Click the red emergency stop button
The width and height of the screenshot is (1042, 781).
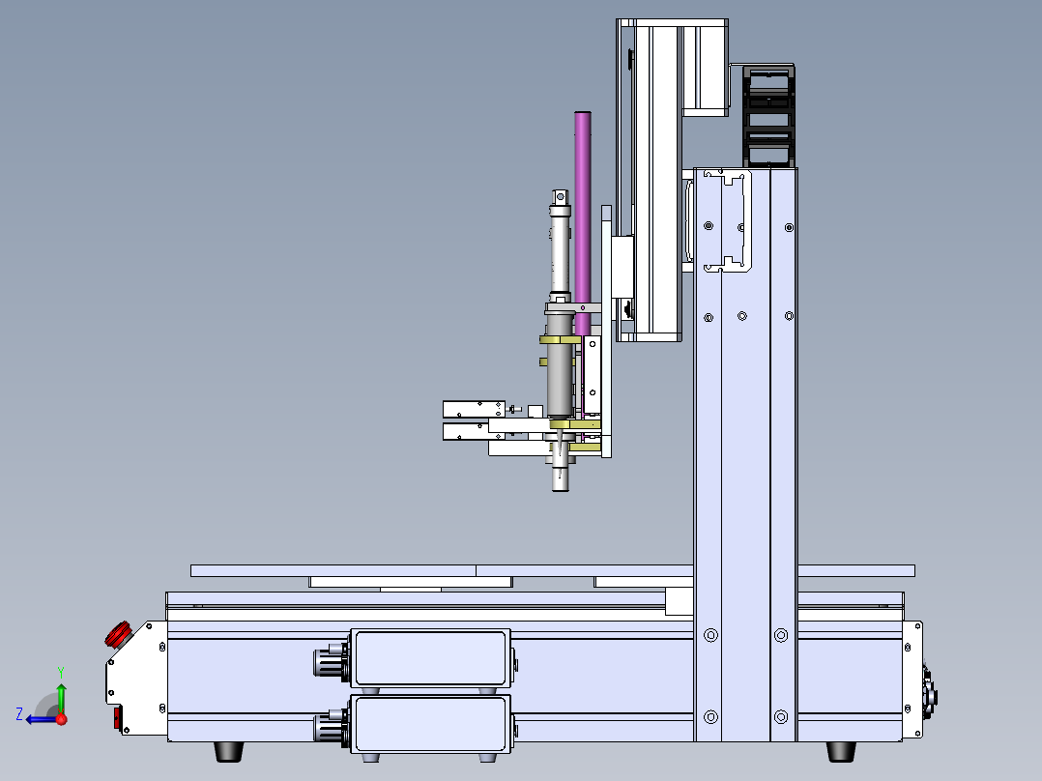click(x=118, y=634)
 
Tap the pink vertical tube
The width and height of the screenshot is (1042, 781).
click(x=583, y=222)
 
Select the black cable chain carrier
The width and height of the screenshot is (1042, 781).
click(x=768, y=116)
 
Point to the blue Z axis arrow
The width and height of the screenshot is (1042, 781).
click(x=42, y=719)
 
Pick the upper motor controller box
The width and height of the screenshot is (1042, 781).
click(x=431, y=658)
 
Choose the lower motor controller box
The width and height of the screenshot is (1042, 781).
click(x=431, y=724)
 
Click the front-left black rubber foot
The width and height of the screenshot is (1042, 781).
click(x=228, y=751)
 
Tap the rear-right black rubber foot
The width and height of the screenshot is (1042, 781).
click(x=841, y=751)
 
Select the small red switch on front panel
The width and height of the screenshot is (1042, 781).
click(x=118, y=718)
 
